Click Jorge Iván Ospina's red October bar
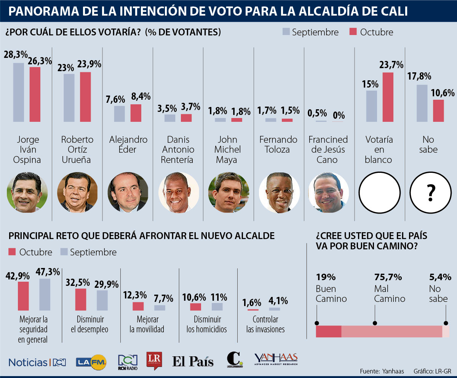(35, 94)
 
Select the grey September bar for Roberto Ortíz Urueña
(69, 98)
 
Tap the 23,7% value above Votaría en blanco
(391, 65)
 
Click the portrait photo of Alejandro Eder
(128, 192)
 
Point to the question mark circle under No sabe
(430, 192)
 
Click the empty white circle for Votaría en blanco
(380, 192)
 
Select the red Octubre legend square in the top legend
(353, 32)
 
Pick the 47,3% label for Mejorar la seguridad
(48, 272)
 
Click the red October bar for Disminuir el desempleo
(80, 300)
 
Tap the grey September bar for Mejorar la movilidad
(160, 308)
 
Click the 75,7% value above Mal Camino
(388, 277)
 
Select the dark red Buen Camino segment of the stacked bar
(329, 332)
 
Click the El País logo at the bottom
(193, 361)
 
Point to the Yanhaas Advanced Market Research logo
(276, 359)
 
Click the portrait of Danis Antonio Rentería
(179, 192)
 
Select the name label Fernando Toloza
(278, 145)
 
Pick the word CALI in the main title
(393, 11)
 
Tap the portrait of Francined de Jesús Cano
(328, 192)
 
